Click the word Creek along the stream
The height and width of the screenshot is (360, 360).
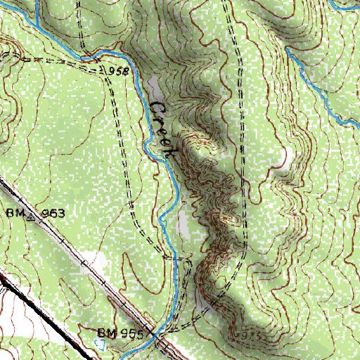pos(162,129)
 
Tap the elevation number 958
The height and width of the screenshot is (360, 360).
pos(120,72)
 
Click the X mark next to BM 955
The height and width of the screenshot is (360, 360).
pos(149,333)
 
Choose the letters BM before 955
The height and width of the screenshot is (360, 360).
pos(105,331)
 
